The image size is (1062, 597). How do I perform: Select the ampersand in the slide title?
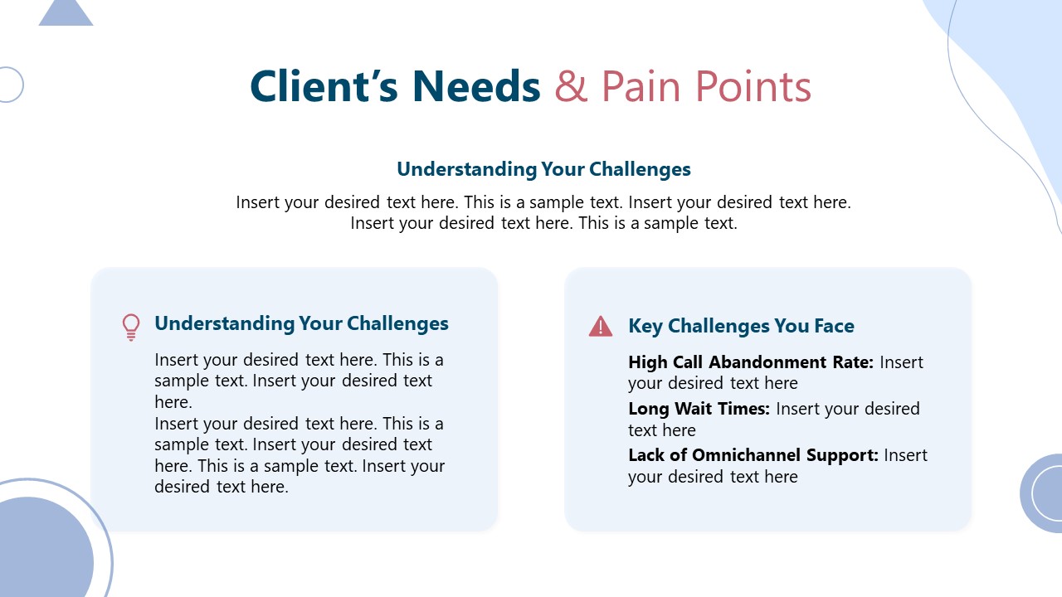(x=571, y=86)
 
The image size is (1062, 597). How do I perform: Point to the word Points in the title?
(x=753, y=86)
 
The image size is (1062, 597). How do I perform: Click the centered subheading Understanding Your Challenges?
(x=543, y=169)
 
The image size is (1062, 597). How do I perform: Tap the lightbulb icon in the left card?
(x=131, y=327)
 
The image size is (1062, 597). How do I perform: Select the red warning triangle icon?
(x=600, y=327)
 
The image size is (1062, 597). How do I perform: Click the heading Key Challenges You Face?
(x=741, y=326)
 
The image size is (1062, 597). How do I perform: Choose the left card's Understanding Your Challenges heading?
(x=301, y=323)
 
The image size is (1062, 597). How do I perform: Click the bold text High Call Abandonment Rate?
(x=750, y=362)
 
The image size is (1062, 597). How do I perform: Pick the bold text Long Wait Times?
(x=699, y=409)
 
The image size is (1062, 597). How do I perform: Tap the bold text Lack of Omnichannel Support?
(x=753, y=455)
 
